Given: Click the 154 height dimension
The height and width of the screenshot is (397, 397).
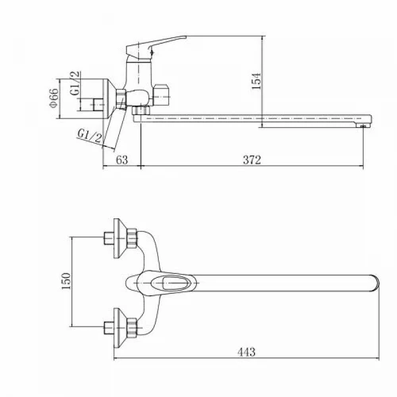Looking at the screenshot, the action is (256, 81).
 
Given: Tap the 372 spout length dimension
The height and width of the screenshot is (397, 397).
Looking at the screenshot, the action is (252, 160).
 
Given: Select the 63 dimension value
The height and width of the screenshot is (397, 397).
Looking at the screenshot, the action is (122, 160).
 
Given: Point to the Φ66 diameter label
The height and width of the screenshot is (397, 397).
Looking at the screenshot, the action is (53, 98).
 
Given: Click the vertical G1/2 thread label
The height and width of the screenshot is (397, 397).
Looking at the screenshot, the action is (75, 83).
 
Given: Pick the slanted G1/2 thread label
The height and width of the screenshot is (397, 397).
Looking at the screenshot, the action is (90, 136).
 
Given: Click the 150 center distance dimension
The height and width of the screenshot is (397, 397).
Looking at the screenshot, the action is (66, 281).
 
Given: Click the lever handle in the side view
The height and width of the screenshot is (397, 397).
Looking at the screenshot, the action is (156, 45).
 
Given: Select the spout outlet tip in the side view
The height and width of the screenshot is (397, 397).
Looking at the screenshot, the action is (364, 125).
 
